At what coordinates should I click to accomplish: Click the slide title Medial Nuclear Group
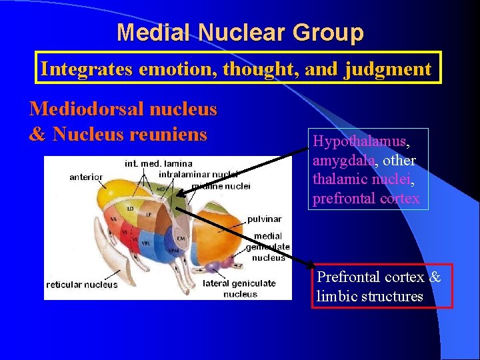pos(240,32)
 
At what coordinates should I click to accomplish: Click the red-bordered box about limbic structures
pos(382,286)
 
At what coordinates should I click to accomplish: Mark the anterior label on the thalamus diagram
pos(85,177)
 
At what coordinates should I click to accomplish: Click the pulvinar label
pos(265,219)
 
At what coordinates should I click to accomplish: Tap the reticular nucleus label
pos(81,285)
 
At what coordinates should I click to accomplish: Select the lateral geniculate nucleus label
pos(239,289)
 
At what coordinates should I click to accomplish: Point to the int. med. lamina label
pos(158,163)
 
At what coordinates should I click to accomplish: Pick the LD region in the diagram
pos(131,209)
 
